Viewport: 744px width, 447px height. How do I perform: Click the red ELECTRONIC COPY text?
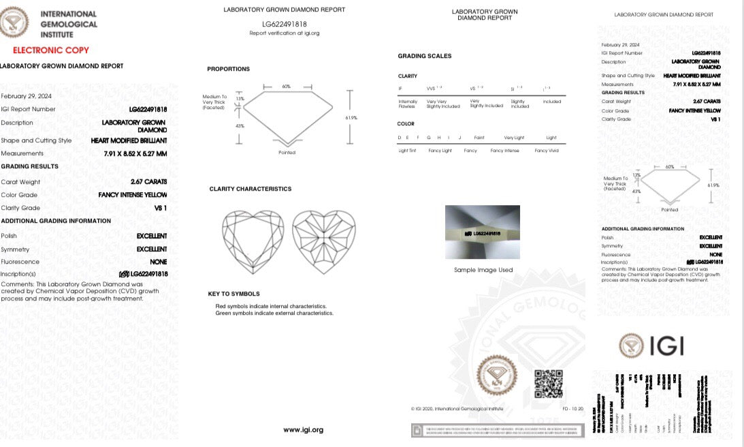pyautogui.click(x=51, y=50)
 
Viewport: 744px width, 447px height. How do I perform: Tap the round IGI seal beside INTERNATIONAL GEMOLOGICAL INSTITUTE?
pyautogui.click(x=14, y=21)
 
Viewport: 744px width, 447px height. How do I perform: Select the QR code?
pyautogui.click(x=548, y=384)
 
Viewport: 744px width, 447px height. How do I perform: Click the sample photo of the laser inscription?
pyautogui.click(x=482, y=232)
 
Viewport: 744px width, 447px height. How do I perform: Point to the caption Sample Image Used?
pyautogui.click(x=483, y=271)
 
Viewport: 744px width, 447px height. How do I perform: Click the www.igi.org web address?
pyautogui.click(x=303, y=430)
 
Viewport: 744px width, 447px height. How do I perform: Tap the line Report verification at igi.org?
pyautogui.click(x=284, y=33)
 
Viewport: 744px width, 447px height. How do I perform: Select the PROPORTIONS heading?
pyautogui.click(x=228, y=69)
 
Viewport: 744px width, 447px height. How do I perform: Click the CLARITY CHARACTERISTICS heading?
pyautogui.click(x=250, y=189)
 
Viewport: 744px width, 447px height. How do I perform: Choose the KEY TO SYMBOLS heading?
pyautogui.click(x=233, y=294)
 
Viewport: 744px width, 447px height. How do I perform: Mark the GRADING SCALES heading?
pyautogui.click(x=424, y=56)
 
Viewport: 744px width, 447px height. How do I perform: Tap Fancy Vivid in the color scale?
pyautogui.click(x=546, y=151)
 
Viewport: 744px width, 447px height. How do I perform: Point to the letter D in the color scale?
pyautogui.click(x=400, y=138)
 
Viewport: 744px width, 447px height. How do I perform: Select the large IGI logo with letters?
pyautogui.click(x=651, y=345)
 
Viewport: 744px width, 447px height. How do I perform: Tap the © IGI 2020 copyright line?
pyautogui.click(x=457, y=409)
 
